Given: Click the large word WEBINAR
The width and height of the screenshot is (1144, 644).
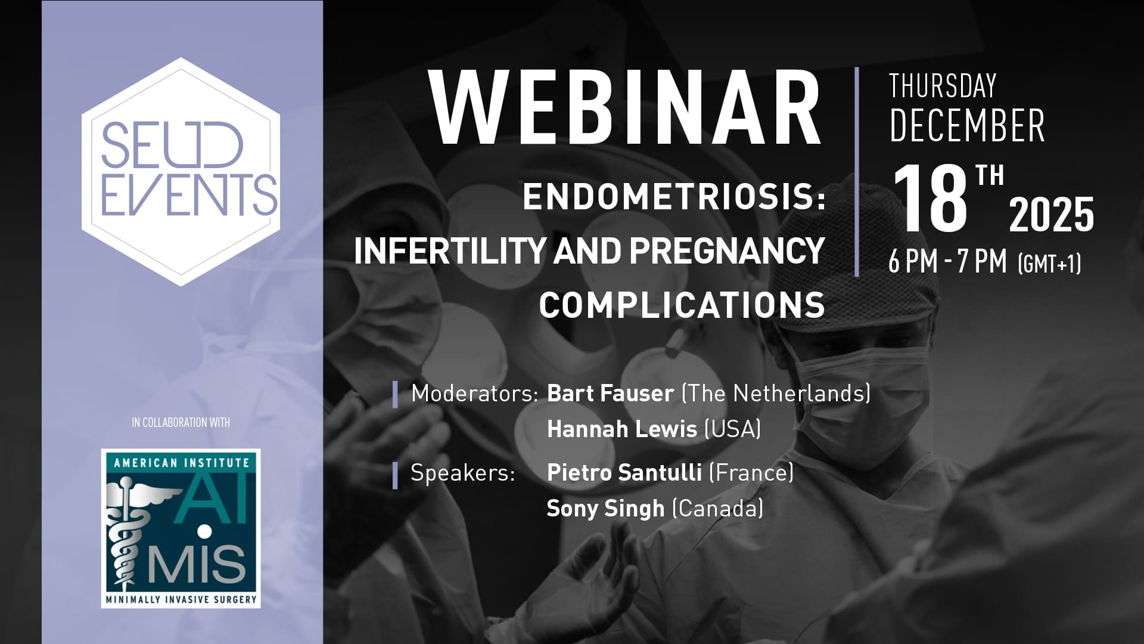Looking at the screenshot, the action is (625, 109).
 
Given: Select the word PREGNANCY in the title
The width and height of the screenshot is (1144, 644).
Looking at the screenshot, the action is (727, 251).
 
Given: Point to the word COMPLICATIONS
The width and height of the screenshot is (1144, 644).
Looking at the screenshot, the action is (682, 305).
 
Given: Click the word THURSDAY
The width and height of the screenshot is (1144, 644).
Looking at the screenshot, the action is (943, 86).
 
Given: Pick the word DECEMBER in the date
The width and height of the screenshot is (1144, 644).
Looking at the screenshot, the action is (966, 125).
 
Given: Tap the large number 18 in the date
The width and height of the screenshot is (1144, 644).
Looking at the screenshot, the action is (929, 198).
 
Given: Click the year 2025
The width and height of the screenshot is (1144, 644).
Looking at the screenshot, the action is (1051, 214).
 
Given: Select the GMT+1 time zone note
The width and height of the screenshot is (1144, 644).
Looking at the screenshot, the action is (1049, 263).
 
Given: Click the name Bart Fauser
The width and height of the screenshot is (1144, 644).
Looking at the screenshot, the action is (610, 393).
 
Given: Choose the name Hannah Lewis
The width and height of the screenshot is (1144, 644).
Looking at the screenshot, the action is (622, 429).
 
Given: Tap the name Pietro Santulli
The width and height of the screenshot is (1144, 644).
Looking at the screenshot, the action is (624, 472).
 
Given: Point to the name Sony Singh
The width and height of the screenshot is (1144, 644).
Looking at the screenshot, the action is (605, 509).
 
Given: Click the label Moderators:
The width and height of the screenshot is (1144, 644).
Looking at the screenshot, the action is (474, 394).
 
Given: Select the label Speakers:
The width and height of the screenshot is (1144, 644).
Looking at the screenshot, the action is (462, 473).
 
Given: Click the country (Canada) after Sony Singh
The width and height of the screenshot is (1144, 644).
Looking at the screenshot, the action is (717, 509).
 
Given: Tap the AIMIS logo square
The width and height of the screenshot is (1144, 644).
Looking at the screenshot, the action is (181, 528).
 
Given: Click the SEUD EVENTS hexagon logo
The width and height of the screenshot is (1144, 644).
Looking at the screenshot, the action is (181, 172).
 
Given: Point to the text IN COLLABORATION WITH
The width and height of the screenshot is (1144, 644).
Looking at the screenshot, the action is (181, 422).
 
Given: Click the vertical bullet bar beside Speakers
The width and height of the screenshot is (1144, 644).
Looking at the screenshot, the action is (395, 475).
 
